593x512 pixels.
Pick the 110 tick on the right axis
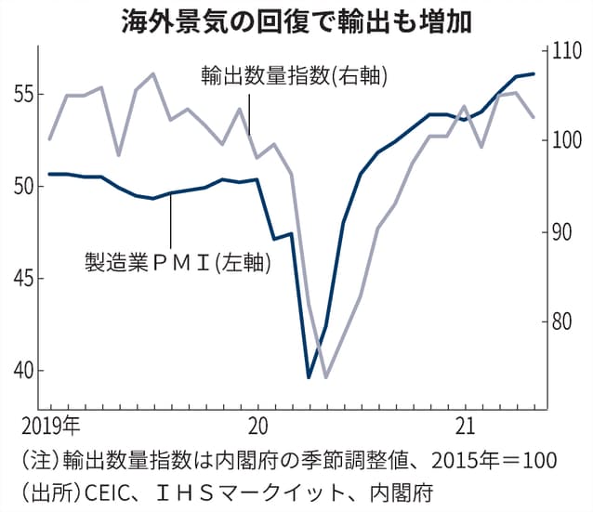coord(566,51)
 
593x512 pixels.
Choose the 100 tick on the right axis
coord(566,141)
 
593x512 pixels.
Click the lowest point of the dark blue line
coord(309,377)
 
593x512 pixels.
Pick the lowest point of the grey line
coord(325,377)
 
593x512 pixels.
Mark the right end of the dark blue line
coord(533,73)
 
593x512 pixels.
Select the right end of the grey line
coord(533,117)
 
